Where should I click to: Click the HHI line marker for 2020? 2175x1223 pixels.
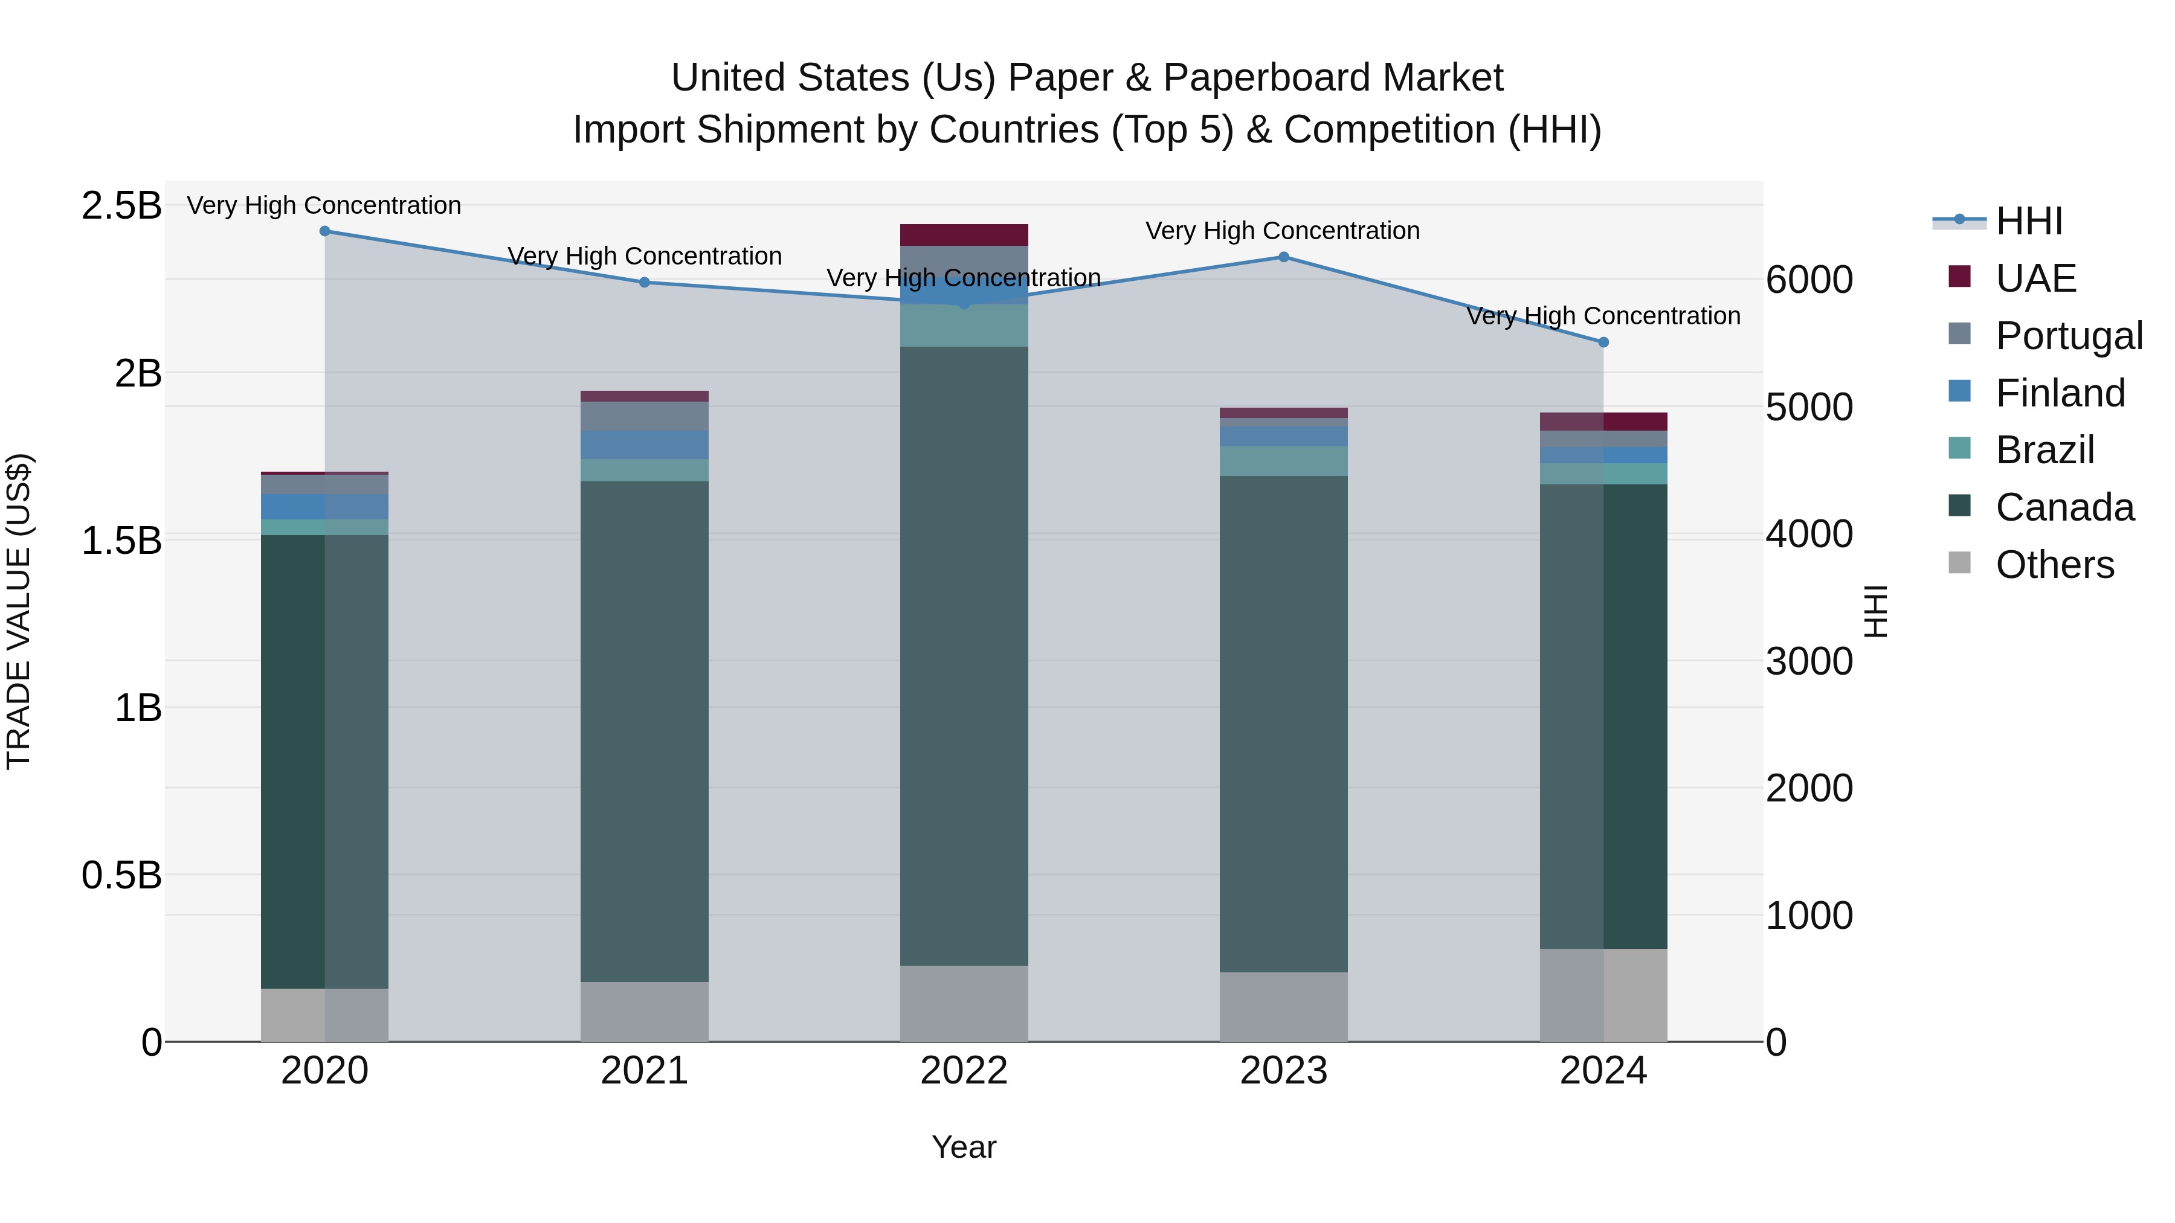point(325,231)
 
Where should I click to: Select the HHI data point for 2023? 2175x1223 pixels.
point(1283,257)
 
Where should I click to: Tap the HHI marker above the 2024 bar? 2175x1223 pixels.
point(1603,342)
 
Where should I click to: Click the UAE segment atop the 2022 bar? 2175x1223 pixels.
point(964,235)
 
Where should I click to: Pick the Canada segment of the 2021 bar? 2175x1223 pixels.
point(644,730)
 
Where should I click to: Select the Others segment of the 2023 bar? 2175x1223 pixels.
point(1283,1006)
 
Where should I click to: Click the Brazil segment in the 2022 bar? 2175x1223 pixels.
point(964,325)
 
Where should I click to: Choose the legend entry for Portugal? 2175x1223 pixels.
point(2069,335)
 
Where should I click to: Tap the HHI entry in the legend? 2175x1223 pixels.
point(2029,221)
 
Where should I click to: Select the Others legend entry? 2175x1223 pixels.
point(2054,564)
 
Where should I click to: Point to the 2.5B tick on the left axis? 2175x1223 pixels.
point(121,206)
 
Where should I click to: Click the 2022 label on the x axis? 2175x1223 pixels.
point(964,1071)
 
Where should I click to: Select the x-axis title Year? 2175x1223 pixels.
point(964,1147)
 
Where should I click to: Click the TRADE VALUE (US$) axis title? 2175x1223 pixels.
point(19,612)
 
